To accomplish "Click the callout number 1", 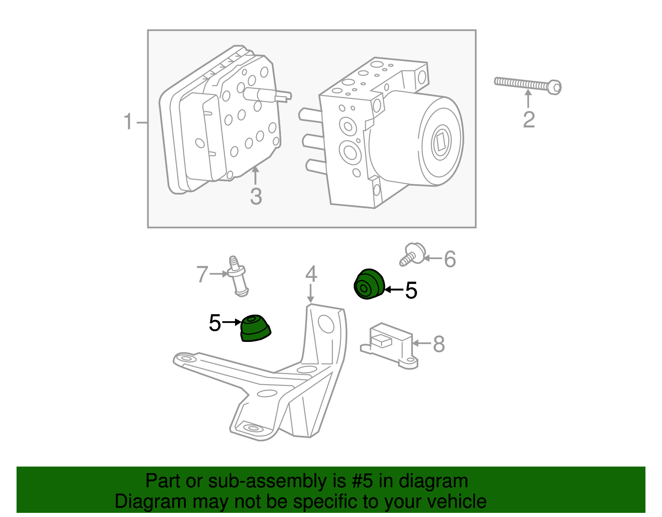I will point(129,122).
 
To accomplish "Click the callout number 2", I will point(529,120).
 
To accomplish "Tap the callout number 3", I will point(256,197).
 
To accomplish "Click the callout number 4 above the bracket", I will point(311,274).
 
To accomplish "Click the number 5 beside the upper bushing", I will point(411,291).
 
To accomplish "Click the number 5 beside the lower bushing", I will point(215,323).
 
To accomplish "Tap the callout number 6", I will point(450,260).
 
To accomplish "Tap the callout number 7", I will point(202,274).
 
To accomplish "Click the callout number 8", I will point(439,344).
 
